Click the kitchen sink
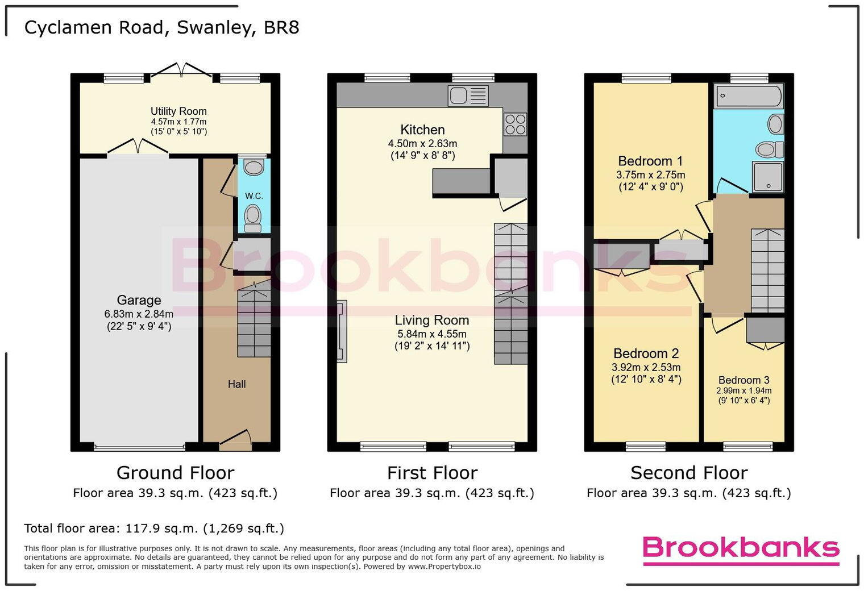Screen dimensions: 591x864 [x=468, y=95]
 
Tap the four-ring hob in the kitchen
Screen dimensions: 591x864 [x=515, y=124]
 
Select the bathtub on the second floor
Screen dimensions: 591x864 [x=749, y=96]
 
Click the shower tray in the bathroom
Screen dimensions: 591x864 [x=768, y=177]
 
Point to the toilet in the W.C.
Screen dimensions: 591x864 [x=253, y=217]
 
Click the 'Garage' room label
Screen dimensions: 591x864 [x=139, y=300]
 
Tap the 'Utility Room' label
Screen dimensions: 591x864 [x=178, y=111]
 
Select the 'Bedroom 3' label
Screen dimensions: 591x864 [x=743, y=380]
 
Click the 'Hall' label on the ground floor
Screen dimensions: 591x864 [x=236, y=384]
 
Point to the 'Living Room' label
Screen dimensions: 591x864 [x=432, y=321]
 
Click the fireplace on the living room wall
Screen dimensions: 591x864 [x=341, y=331]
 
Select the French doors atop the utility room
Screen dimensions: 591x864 [x=181, y=70]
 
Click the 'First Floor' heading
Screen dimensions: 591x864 [x=432, y=473]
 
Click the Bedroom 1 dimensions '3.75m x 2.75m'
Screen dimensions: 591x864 [x=650, y=175]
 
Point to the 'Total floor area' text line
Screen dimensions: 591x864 [x=154, y=528]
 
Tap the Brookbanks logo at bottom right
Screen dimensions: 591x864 [x=741, y=549]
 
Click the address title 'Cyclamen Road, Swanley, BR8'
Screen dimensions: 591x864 [x=162, y=28]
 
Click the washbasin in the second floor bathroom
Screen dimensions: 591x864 [x=775, y=123]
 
